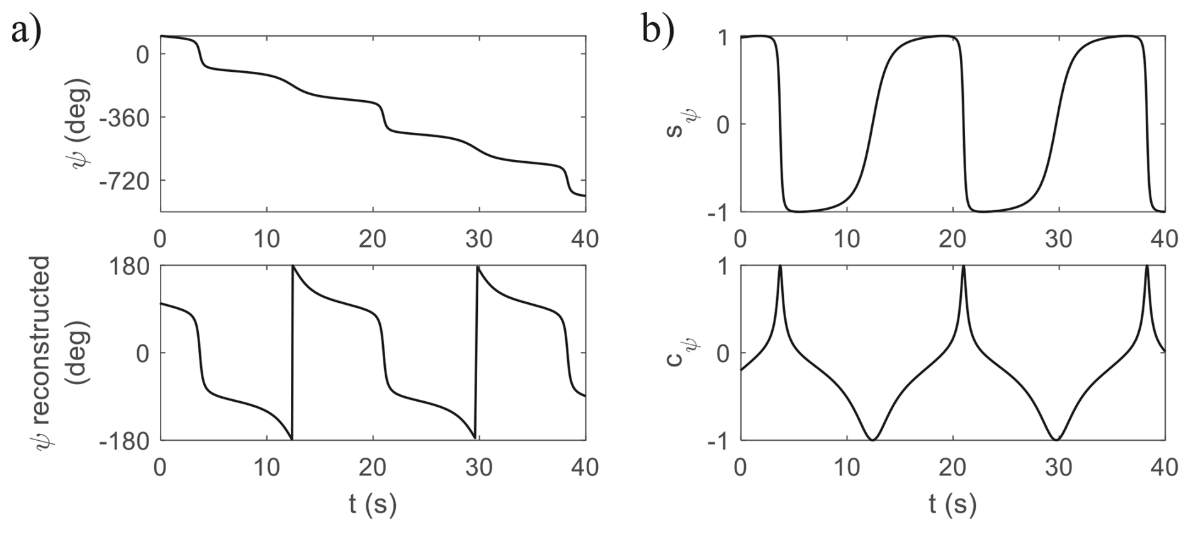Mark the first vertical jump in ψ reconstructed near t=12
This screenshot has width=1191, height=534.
[292, 353]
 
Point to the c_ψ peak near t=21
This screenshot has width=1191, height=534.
[964, 268]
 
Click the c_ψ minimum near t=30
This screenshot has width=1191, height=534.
[1056, 438]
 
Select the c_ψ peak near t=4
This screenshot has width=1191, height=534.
[780, 268]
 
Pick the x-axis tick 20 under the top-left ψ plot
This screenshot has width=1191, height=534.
[373, 239]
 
